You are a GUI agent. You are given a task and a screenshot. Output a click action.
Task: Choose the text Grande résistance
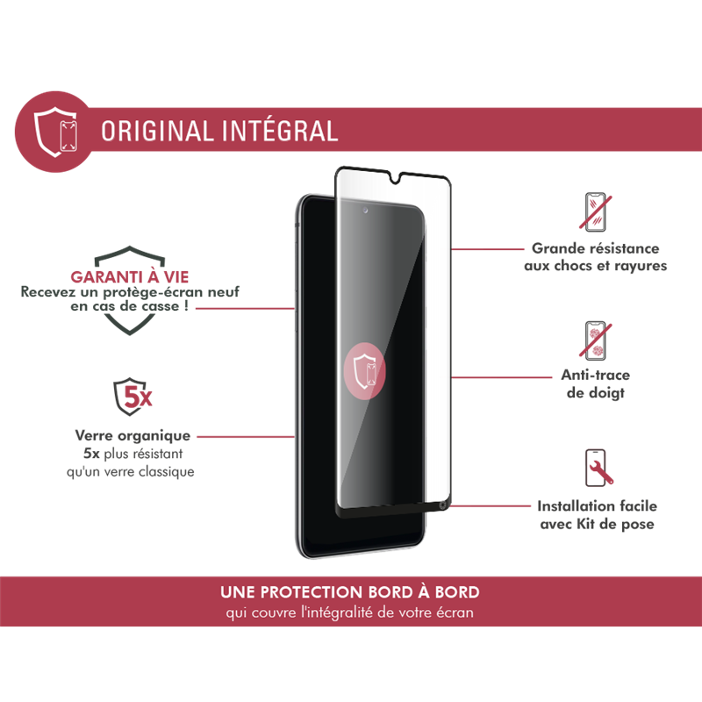596,249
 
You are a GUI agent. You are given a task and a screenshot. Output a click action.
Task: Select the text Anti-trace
596,376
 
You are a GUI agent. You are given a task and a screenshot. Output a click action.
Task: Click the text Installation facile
597,506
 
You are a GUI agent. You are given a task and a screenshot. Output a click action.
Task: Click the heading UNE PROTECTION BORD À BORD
351,592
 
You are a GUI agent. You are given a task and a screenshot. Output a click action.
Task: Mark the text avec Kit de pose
597,525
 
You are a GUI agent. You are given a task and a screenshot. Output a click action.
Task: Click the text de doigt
596,394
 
